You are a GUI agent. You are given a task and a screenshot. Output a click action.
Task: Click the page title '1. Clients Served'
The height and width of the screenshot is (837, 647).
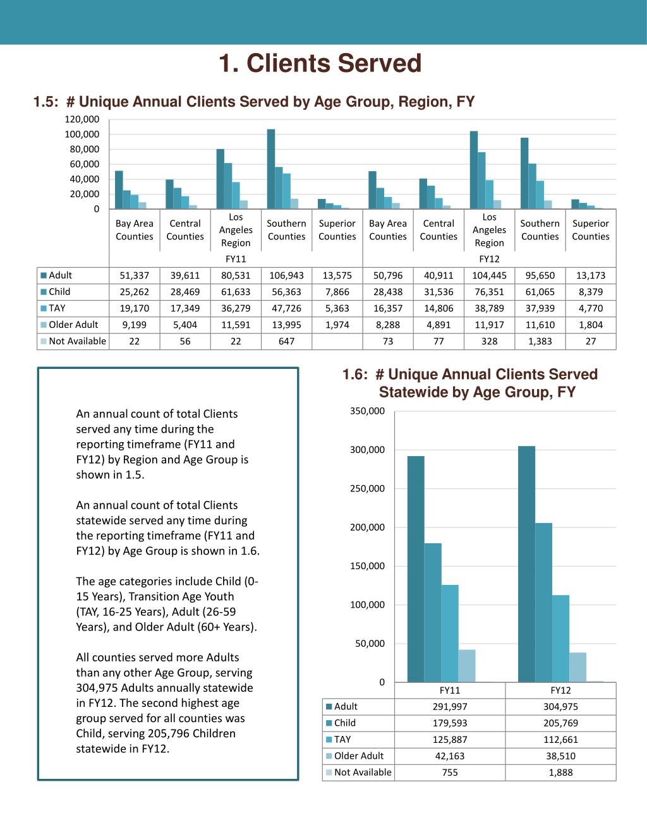320,63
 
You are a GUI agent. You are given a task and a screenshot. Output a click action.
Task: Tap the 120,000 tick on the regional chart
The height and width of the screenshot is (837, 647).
82,119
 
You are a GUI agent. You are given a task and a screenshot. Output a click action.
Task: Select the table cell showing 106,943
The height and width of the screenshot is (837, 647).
286,275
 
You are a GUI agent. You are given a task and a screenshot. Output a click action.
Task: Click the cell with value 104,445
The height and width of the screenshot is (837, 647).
489,275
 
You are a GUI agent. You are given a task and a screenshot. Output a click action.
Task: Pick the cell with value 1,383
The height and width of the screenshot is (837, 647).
540,341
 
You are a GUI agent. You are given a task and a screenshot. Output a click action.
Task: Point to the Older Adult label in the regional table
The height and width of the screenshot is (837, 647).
73,325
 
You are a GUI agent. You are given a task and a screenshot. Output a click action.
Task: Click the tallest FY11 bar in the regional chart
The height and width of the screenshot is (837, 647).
271,169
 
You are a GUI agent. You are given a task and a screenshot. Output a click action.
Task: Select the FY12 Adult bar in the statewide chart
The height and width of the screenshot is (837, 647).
526,564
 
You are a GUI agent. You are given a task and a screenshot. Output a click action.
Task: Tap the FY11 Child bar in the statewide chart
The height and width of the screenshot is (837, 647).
433,612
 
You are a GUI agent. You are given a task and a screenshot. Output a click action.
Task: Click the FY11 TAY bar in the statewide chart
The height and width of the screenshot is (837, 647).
450,633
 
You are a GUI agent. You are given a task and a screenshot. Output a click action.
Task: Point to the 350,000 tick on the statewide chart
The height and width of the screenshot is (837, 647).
367,411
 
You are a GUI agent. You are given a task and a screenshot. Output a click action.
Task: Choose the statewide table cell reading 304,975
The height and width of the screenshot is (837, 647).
560,707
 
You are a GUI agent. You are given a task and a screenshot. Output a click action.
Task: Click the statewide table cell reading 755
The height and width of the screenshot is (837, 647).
450,773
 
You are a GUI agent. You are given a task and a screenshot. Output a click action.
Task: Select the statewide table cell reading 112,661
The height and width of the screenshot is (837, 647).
560,740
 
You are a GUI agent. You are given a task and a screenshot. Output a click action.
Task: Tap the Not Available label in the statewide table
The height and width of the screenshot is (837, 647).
363,773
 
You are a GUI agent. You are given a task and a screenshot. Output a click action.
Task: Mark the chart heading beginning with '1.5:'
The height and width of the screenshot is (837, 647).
254,102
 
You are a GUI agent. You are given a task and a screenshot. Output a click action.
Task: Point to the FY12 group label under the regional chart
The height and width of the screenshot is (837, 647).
489,259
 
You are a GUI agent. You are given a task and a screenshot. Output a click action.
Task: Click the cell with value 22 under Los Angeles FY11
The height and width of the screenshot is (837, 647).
236,341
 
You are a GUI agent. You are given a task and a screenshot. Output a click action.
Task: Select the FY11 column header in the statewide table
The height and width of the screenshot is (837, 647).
450,690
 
